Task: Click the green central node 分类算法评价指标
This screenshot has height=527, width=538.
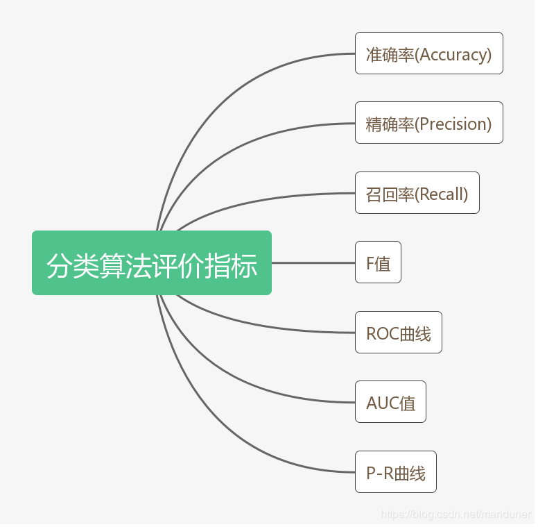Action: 151,263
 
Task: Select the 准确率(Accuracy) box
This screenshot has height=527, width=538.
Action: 428,53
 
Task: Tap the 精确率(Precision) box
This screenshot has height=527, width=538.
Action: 428,123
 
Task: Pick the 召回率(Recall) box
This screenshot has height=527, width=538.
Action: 417,193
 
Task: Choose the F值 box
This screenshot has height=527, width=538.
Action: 378,262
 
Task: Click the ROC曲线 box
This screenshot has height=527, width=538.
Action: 398,333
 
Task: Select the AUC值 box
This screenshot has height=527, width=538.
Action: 390,402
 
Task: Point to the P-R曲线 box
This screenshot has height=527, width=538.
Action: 395,472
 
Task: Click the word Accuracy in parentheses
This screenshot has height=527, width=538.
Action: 453,55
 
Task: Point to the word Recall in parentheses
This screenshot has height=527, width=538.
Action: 441,194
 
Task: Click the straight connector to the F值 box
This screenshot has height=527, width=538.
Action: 313,263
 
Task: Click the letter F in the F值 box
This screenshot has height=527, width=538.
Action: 370,264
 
